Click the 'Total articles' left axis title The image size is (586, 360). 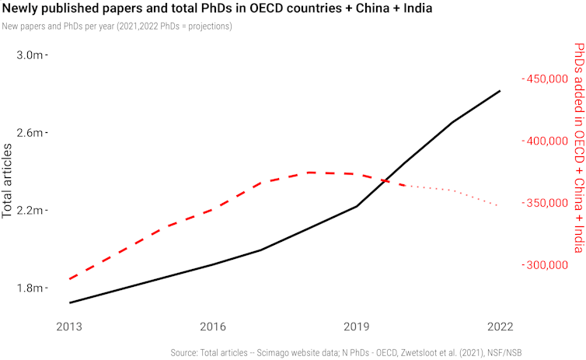9,180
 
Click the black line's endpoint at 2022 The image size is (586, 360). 500,91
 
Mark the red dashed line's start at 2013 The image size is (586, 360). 69,278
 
